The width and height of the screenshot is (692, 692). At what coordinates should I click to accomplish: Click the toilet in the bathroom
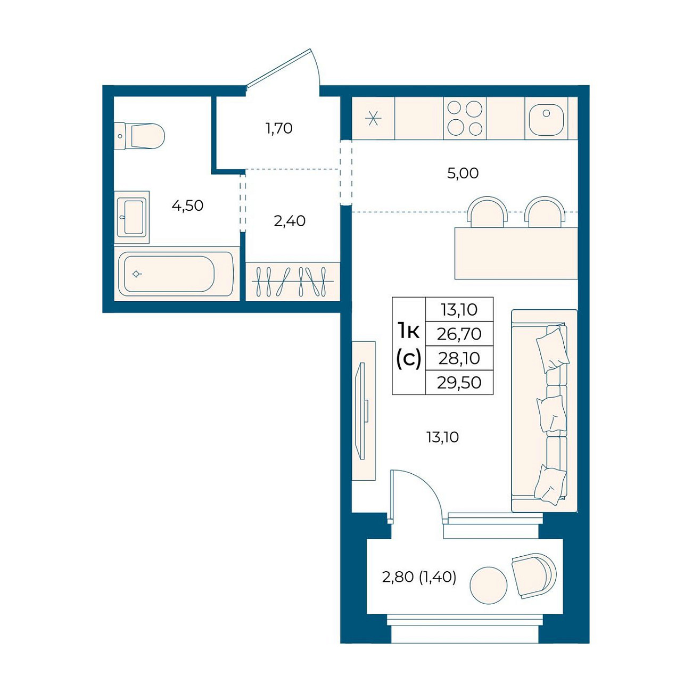click(139, 136)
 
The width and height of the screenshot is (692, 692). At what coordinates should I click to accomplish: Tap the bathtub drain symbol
click(136, 274)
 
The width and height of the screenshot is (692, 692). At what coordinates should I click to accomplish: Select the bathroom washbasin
click(132, 217)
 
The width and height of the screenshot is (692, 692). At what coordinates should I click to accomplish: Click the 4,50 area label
click(187, 206)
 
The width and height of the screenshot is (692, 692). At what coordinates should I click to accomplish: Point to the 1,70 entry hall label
click(279, 128)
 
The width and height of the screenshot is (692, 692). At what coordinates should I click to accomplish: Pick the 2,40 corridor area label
click(290, 221)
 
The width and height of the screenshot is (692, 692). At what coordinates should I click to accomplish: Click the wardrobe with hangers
click(293, 281)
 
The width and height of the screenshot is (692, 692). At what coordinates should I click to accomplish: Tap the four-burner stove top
click(465, 118)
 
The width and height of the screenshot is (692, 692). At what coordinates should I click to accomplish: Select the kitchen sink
click(546, 118)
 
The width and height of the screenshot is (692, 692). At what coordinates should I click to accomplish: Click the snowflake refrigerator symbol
click(374, 119)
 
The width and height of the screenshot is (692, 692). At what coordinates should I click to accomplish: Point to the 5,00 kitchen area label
click(463, 174)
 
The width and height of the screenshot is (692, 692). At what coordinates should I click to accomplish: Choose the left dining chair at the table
click(487, 212)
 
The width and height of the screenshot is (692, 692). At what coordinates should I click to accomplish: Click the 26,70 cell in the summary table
click(459, 334)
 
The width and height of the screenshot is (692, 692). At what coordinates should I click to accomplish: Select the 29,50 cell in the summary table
click(459, 383)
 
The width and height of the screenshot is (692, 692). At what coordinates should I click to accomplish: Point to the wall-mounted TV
click(361, 410)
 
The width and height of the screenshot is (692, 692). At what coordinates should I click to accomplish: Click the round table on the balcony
click(488, 585)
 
